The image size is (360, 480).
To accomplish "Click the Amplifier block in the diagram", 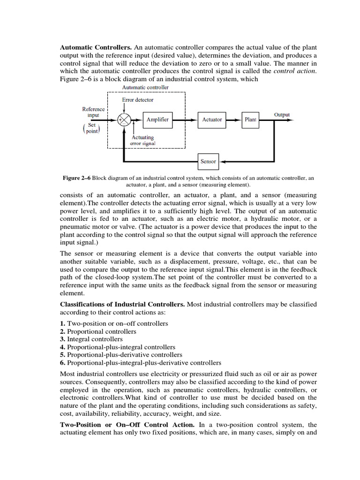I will click(157, 120).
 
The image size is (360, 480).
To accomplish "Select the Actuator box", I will click(212, 120).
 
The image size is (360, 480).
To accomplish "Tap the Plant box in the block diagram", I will click(250, 120).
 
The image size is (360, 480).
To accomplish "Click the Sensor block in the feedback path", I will click(208, 161).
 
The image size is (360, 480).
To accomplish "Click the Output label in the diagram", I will click(282, 115).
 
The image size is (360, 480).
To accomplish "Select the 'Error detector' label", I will click(137, 100).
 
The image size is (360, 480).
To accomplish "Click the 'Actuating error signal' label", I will click(143, 140).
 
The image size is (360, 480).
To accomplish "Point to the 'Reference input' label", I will click(93, 112).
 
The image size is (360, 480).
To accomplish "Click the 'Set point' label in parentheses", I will click(91, 128).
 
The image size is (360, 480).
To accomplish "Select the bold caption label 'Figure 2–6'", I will click(76, 178).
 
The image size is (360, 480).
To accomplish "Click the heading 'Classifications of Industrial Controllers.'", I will click(123, 305).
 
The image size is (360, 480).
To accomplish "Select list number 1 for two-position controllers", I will click(63, 323).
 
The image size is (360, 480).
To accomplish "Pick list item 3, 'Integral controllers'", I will click(94, 339).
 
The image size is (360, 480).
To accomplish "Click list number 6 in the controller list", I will click(63, 362).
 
